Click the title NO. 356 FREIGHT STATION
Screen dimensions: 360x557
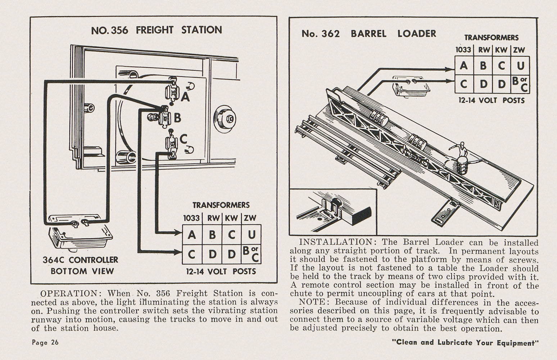(x=157, y=30)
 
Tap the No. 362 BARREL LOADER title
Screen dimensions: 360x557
(x=368, y=34)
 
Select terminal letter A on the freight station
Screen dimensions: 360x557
(x=185, y=96)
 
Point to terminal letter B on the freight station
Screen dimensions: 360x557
(x=177, y=118)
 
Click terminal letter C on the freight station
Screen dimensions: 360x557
(x=184, y=138)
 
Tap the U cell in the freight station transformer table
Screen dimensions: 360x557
(x=252, y=235)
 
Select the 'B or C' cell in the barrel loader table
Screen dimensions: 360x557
(x=520, y=84)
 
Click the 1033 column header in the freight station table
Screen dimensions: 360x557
(x=191, y=218)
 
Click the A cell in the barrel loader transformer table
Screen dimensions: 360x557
(x=464, y=66)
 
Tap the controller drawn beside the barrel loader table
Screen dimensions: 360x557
(x=411, y=86)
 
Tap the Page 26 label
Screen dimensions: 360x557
(x=45, y=342)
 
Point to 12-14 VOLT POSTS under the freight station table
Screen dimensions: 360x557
(x=221, y=271)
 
